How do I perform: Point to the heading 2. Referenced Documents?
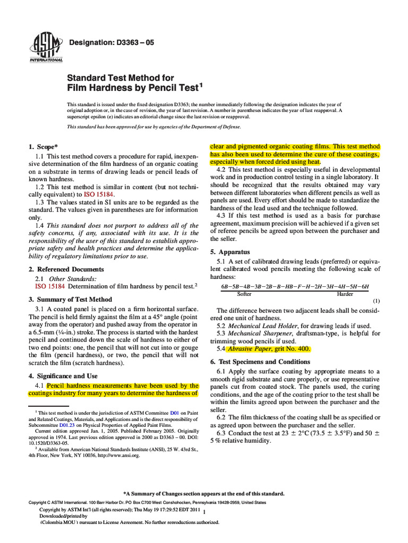click(66, 269)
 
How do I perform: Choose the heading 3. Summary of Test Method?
click(70, 299)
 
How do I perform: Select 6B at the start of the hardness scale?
click(226, 286)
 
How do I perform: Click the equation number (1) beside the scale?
click(376, 301)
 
